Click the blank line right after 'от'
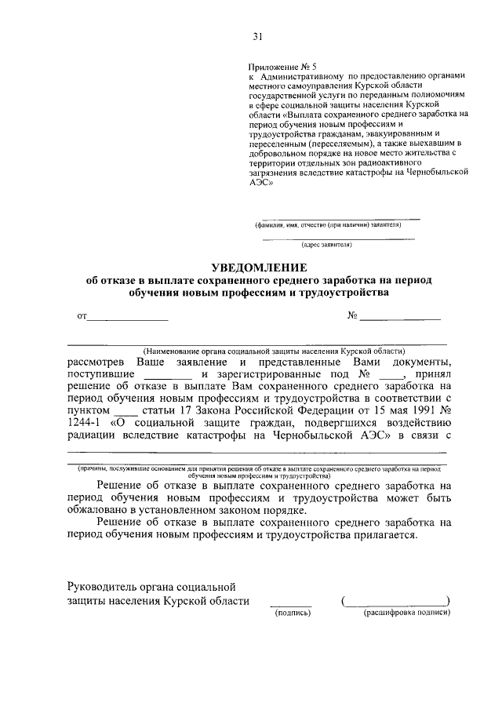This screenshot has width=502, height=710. [127, 318]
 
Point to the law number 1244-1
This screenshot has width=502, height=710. [85, 424]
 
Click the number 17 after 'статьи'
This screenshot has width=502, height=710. [187, 412]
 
